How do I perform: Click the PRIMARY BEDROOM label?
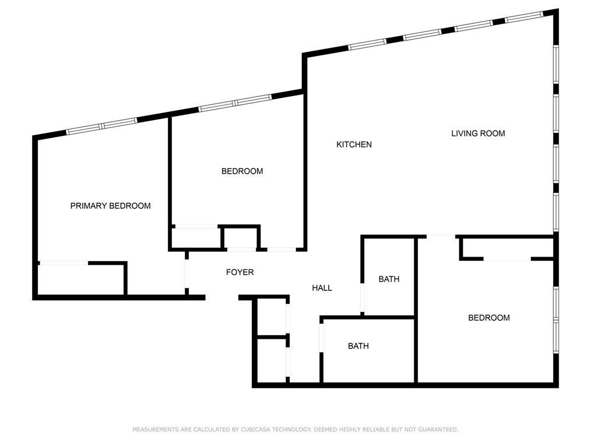[x=110, y=206]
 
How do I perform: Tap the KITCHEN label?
[x=354, y=145]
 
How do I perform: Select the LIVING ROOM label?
[x=478, y=134]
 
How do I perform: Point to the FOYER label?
[x=240, y=272]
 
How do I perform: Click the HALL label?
[x=322, y=288]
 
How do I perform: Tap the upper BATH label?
[x=389, y=279]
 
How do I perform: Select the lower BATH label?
[x=358, y=346]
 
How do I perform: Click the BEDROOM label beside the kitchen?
[x=242, y=171]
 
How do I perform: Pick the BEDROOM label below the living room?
[x=489, y=318]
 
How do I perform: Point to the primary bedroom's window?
[x=101, y=126]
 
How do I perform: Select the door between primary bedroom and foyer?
[x=187, y=273]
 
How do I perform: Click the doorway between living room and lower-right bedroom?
[x=441, y=236]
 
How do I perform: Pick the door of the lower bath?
[x=321, y=338]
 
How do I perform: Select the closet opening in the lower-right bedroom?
[x=506, y=259]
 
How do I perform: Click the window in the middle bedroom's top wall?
[x=235, y=103]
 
